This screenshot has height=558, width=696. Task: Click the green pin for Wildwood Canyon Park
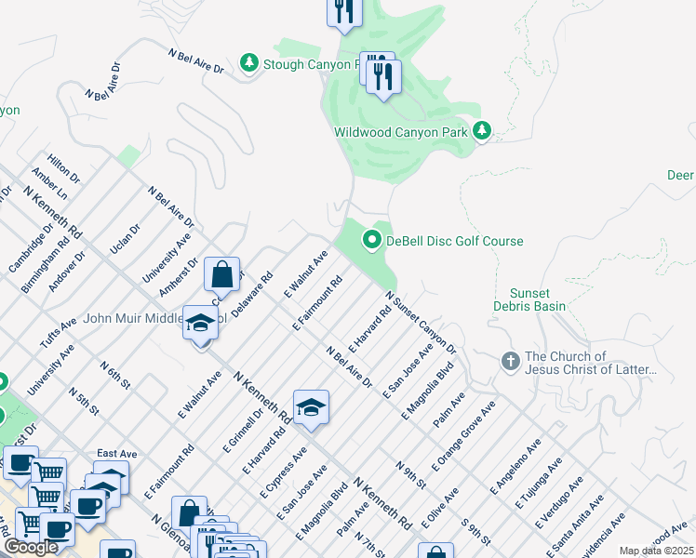coord(481,132)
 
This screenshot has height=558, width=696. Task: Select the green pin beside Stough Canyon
coord(248,63)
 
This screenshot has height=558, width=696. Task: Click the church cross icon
coord(510,361)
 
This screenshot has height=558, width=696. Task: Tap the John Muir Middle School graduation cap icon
coord(200,323)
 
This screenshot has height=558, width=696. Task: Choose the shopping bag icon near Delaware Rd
coord(221,275)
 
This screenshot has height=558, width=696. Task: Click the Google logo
coord(30,547)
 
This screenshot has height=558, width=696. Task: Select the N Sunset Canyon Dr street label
coord(421,323)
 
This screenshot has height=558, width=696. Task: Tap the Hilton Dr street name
coord(64,168)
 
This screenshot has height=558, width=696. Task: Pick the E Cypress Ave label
coord(288,471)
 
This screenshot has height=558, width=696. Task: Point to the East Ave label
coord(117,454)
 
